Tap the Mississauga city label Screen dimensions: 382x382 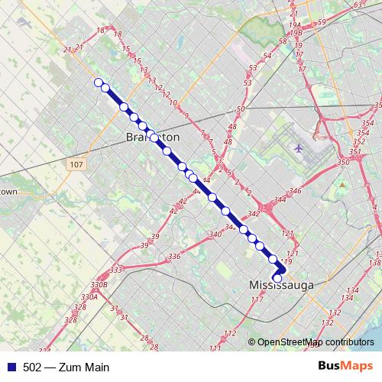[x=282, y=285]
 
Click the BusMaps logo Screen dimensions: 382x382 [x=345, y=366]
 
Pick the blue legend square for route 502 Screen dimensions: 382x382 [x=11, y=367]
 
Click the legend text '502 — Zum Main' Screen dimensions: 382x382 [x=66, y=367]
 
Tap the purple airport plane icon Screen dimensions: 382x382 [x=298, y=147]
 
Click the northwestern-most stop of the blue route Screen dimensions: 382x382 [x=98, y=83]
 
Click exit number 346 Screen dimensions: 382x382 [x=295, y=190]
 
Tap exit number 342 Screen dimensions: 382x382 [x=254, y=215]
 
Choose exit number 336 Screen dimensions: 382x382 [x=174, y=256]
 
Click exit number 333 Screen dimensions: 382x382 [x=116, y=270]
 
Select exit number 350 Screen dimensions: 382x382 [x=343, y=163]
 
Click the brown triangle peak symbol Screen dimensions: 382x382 [x=344, y=184]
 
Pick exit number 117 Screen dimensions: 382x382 [x=256, y=299]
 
